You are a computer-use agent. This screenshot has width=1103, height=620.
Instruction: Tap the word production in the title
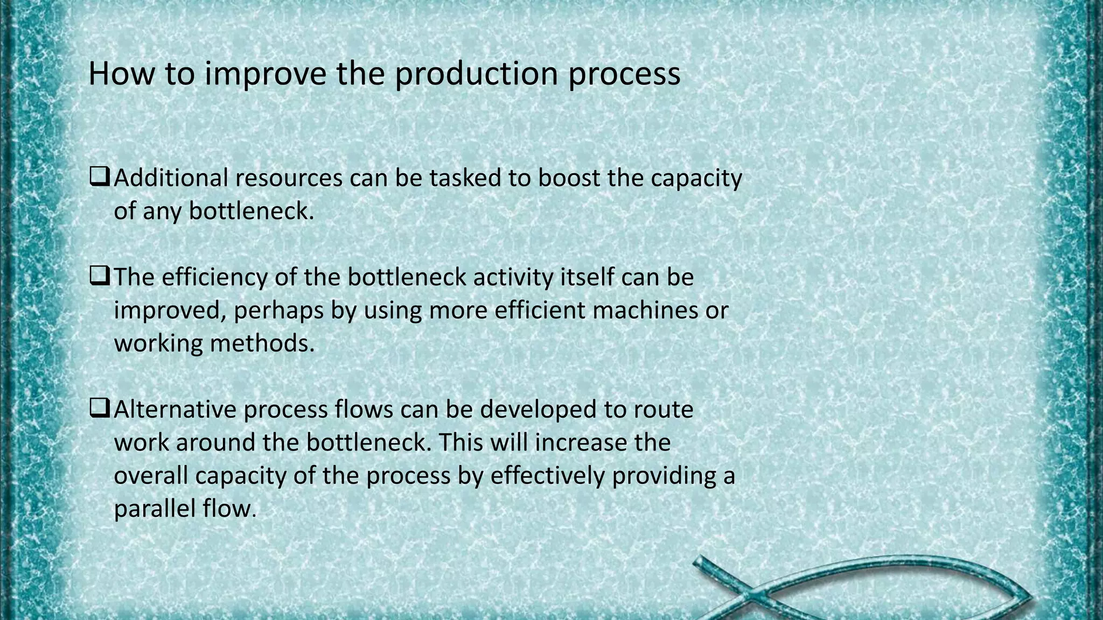476,75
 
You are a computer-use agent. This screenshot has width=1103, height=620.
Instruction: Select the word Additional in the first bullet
171,178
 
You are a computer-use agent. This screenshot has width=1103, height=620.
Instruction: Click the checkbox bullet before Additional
100,177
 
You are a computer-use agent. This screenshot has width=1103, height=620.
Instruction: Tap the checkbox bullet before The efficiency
100,276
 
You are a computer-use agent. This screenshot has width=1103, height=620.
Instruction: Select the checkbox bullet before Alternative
100,408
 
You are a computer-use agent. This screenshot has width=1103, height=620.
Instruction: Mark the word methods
262,343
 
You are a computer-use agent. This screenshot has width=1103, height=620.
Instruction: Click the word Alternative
175,409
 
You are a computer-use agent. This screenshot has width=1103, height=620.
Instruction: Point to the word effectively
547,476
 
